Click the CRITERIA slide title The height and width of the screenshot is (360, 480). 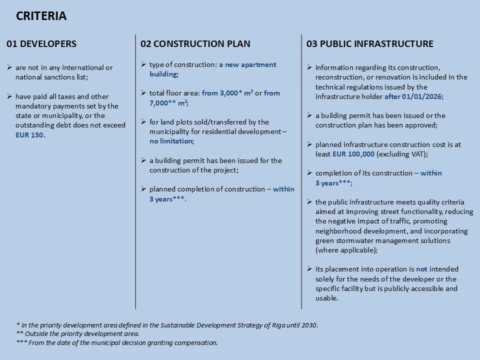click(41, 16)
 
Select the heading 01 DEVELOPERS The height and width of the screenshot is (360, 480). click(41, 44)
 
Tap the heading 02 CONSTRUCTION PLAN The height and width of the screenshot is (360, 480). click(195, 44)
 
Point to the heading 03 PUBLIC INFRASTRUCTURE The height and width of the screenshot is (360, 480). click(369, 44)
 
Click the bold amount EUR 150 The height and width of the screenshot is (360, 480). click(30, 135)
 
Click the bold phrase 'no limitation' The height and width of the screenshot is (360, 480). click(170, 141)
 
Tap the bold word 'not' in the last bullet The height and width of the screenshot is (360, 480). click(421, 269)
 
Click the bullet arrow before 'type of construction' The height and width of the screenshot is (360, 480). click(143, 65)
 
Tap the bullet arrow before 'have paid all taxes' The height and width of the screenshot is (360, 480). click(9, 96)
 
